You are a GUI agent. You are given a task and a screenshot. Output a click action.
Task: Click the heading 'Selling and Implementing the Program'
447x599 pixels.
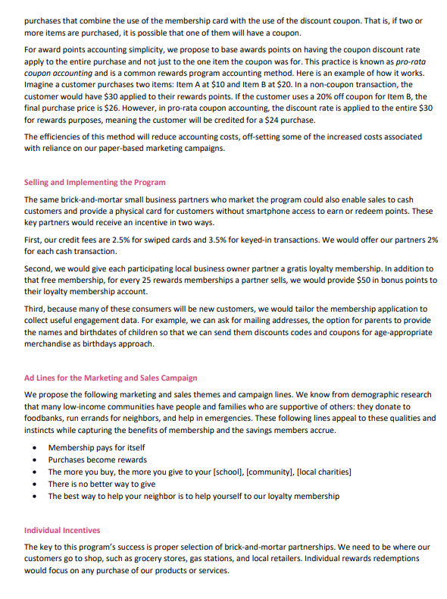95,183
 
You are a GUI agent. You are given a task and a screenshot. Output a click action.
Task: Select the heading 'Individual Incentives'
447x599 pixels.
62,529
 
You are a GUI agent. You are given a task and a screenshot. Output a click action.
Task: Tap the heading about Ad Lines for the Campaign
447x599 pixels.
111,378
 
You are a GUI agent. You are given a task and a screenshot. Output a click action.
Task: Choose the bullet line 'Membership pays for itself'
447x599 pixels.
98,447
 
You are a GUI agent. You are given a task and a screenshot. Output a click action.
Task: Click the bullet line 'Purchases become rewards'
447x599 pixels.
98,459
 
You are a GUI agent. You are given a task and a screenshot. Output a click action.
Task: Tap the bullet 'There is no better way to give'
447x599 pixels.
102,484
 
